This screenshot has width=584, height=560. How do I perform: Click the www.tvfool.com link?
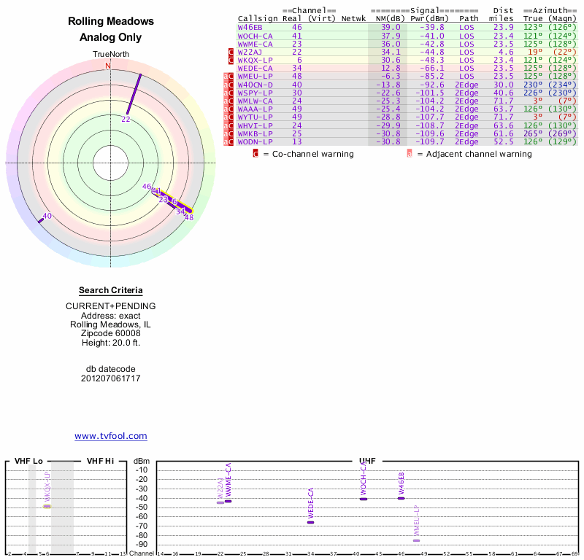(x=110, y=436)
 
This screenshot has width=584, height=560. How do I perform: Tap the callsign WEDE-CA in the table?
(x=255, y=68)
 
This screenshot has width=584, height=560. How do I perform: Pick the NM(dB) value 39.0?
(x=391, y=27)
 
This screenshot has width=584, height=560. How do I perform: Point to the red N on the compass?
(x=108, y=66)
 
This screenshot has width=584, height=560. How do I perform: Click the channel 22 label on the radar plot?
(x=126, y=119)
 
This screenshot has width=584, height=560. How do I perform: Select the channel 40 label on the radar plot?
(x=47, y=216)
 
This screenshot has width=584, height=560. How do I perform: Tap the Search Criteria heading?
(x=110, y=291)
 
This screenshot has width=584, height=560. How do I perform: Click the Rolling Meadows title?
(x=110, y=22)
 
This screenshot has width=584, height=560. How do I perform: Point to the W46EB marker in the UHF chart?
(x=401, y=498)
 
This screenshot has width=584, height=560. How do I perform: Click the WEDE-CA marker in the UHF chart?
(x=310, y=522)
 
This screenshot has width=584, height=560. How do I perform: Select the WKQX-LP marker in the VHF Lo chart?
(x=47, y=506)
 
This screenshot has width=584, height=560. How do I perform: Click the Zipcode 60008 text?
(x=110, y=332)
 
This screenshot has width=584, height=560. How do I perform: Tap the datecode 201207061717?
(x=110, y=378)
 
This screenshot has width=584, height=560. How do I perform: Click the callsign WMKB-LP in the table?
(x=255, y=133)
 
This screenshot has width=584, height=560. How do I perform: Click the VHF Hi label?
(x=99, y=461)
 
